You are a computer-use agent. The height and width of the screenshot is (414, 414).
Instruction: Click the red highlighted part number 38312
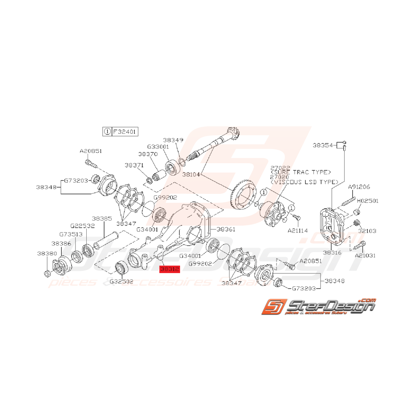[169, 269]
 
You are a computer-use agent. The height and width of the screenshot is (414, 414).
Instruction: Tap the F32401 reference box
[125, 132]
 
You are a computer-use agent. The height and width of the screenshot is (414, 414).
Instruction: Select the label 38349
[173, 140]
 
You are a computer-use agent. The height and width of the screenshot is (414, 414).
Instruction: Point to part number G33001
[158, 146]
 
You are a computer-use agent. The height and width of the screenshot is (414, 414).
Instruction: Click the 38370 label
[148, 154]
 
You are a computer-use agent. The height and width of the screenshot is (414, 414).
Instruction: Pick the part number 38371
[134, 165]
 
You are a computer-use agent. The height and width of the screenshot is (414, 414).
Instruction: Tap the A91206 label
[358, 187]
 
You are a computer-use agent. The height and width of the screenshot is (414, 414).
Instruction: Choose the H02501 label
[367, 201]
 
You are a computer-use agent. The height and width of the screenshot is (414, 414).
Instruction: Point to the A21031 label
[365, 256]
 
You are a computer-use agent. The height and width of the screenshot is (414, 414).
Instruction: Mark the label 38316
[332, 252]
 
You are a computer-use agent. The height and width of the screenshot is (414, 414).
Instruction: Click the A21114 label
[298, 231]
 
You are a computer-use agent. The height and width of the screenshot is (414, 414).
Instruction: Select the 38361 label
[225, 229]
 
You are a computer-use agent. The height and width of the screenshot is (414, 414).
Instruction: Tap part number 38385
[102, 219]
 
